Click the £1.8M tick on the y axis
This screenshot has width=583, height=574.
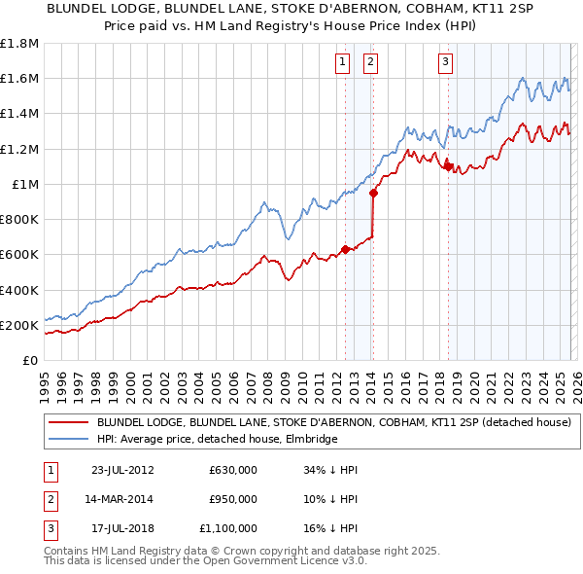(19, 44)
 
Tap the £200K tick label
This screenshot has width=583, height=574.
(19, 325)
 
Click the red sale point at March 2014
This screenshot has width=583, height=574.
(373, 194)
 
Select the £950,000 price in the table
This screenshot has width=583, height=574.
(232, 499)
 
